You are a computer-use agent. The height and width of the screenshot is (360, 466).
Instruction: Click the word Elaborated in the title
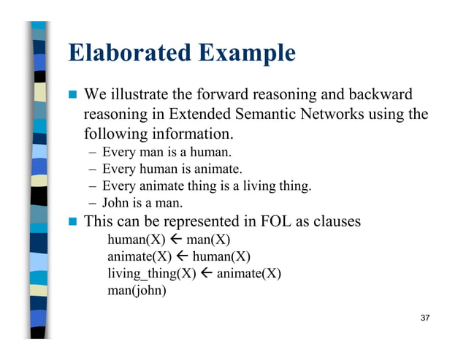coord(129,53)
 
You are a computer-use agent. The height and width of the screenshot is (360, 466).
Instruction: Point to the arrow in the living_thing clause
coord(206,273)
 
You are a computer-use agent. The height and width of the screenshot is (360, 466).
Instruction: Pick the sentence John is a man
coord(142,202)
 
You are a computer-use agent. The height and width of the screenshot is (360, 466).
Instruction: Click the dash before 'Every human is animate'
coord(93,169)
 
